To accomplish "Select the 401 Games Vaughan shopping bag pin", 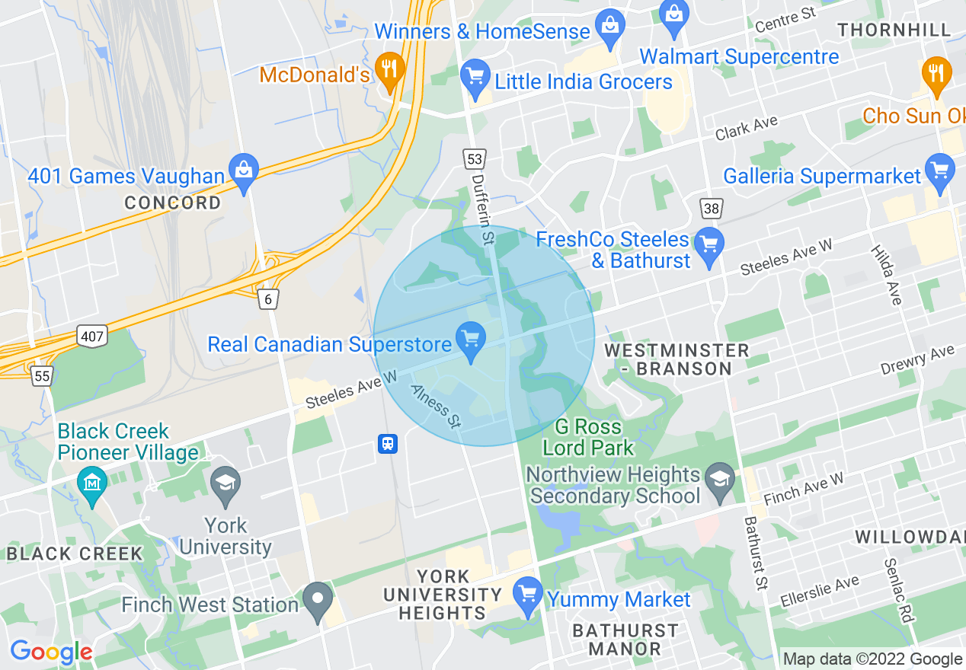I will tap(244, 172).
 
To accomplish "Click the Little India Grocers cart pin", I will tap(476, 78).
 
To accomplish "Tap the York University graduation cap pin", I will tap(226, 485).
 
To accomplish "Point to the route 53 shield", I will tap(474, 159).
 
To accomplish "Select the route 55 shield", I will tap(43, 375).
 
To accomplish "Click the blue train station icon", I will tap(388, 443).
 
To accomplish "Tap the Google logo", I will tap(51, 652).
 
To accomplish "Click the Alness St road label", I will tap(436, 405).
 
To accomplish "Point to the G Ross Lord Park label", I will tap(588, 437).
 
